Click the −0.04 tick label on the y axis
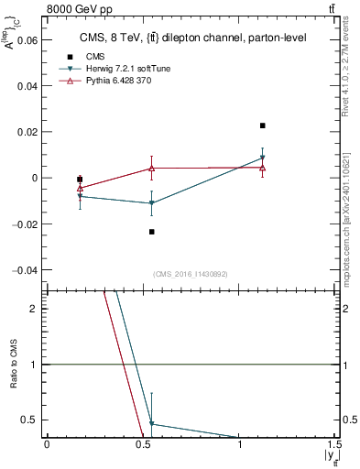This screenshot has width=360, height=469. pos(26,270)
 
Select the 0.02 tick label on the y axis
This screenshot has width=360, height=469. pos(29,132)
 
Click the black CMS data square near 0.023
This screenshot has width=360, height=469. pos(263,125)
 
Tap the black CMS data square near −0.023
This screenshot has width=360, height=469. pos(152,232)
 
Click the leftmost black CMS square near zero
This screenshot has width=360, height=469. pos(80,180)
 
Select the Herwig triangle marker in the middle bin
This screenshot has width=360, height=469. pos(152,203)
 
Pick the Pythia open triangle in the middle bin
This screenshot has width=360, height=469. pos(152,168)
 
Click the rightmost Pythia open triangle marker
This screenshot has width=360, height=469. pos(263,168)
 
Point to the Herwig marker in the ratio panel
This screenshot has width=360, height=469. pos(152,424)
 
